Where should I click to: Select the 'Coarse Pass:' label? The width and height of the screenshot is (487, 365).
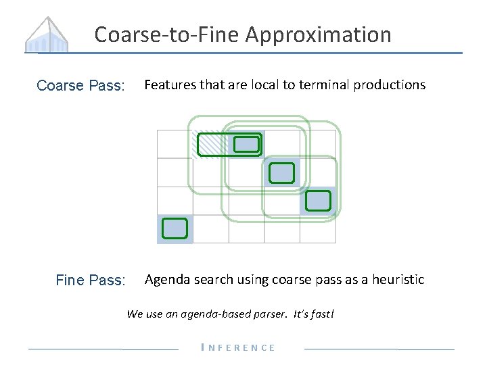tap(80, 86)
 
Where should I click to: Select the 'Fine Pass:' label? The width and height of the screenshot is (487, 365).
tap(91, 280)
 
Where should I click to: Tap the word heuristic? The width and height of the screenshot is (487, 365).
tap(397, 279)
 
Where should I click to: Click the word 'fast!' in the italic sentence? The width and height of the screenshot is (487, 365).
tap(321, 314)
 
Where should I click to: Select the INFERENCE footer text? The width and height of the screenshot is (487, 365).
tap(239, 347)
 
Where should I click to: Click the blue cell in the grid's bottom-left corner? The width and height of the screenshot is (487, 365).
tap(175, 228)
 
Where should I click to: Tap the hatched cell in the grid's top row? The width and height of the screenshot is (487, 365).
tap(209, 143)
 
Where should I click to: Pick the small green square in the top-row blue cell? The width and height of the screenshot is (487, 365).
tap(246, 144)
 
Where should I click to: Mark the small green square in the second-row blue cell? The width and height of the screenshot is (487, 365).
tap(282, 173)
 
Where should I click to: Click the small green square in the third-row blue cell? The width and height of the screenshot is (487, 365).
tap(318, 201)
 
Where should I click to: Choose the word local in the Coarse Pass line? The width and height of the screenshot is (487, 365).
tap(267, 84)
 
